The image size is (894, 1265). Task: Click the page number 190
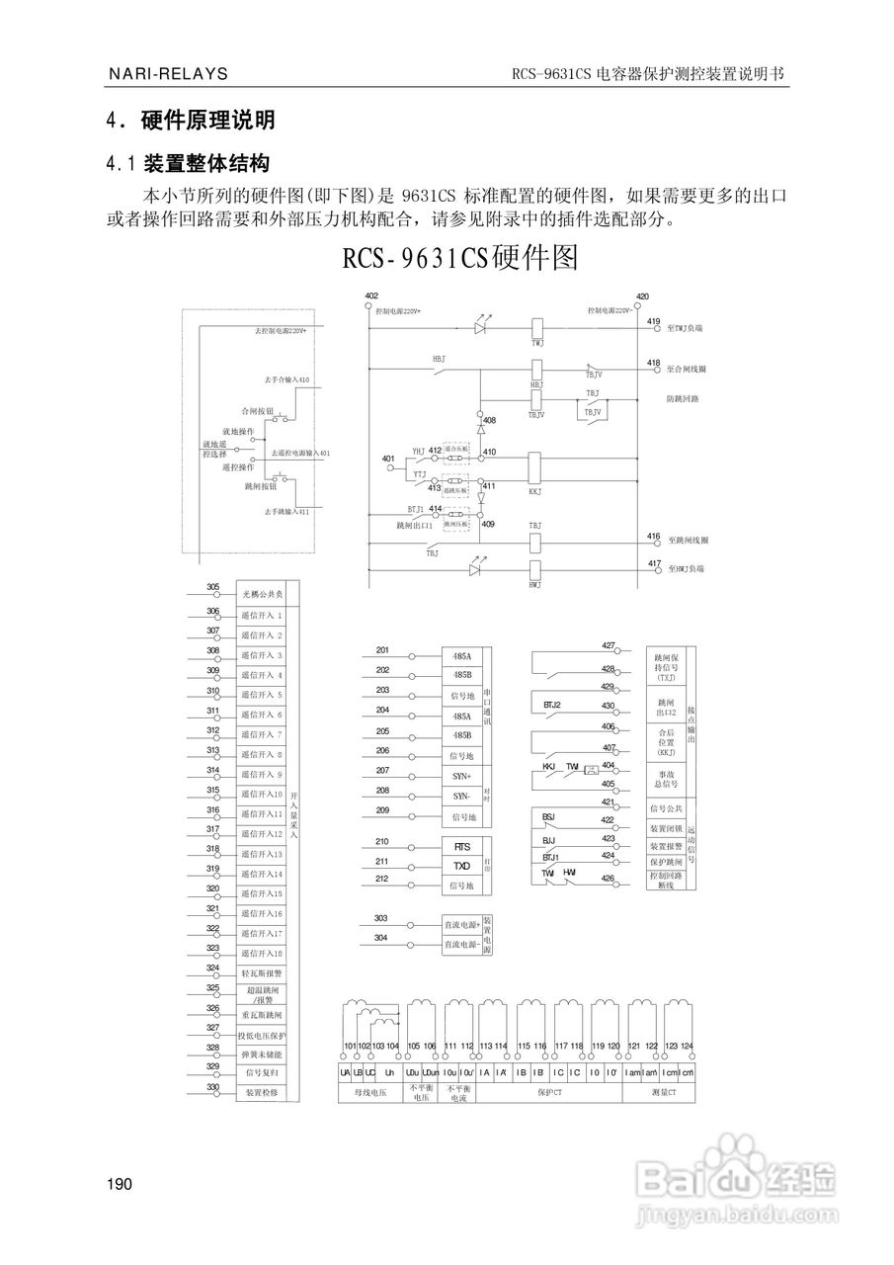click(x=120, y=1184)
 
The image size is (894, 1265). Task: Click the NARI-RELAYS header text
click(x=168, y=74)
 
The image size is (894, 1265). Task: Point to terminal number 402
click(x=371, y=296)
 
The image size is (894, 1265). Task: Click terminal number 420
click(x=642, y=296)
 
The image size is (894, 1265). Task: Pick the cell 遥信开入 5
click(x=262, y=695)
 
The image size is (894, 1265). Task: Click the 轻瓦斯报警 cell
click(x=262, y=970)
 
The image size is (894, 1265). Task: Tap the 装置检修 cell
click(x=262, y=1093)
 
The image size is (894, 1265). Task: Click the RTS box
click(x=461, y=847)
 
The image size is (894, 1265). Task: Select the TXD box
click(x=461, y=865)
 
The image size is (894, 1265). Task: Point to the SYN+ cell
click(x=461, y=776)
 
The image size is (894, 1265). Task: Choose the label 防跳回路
click(x=683, y=399)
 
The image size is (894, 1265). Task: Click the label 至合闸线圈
click(x=687, y=369)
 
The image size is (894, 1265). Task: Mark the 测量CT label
click(x=664, y=1093)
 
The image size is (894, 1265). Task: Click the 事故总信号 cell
click(x=663, y=778)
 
